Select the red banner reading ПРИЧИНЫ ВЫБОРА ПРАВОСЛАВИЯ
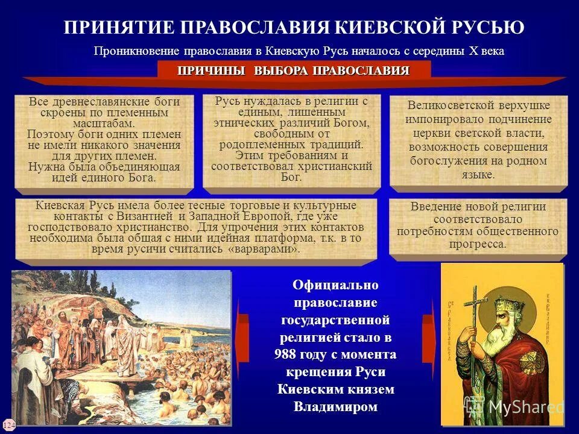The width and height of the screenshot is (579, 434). click(294, 71)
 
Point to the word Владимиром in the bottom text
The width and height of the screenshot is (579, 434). click(335, 406)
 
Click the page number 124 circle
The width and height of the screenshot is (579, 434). click(8, 425)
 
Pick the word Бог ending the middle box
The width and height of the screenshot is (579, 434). click(291, 177)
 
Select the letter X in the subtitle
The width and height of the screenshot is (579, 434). click(474, 51)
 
